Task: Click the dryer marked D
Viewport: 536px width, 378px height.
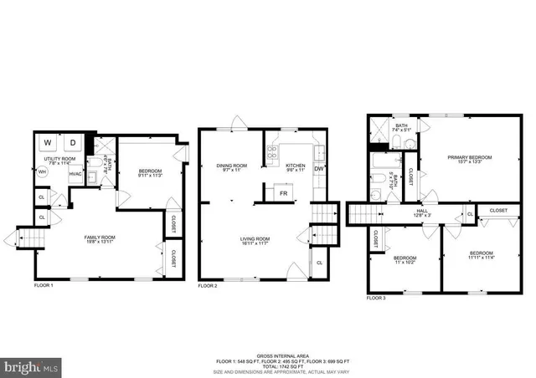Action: (x=72, y=142)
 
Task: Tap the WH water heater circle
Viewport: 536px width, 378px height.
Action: (x=42, y=173)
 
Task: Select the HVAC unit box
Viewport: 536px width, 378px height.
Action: (x=75, y=174)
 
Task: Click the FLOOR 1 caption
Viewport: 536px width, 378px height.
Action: (x=44, y=286)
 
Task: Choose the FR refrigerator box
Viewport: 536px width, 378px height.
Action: (x=282, y=193)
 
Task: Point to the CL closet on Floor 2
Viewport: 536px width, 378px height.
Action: (x=319, y=263)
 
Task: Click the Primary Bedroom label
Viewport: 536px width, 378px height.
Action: (x=469, y=159)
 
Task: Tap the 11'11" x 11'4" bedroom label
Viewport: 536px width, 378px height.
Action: (x=481, y=254)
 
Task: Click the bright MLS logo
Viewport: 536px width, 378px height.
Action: (x=31, y=366)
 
